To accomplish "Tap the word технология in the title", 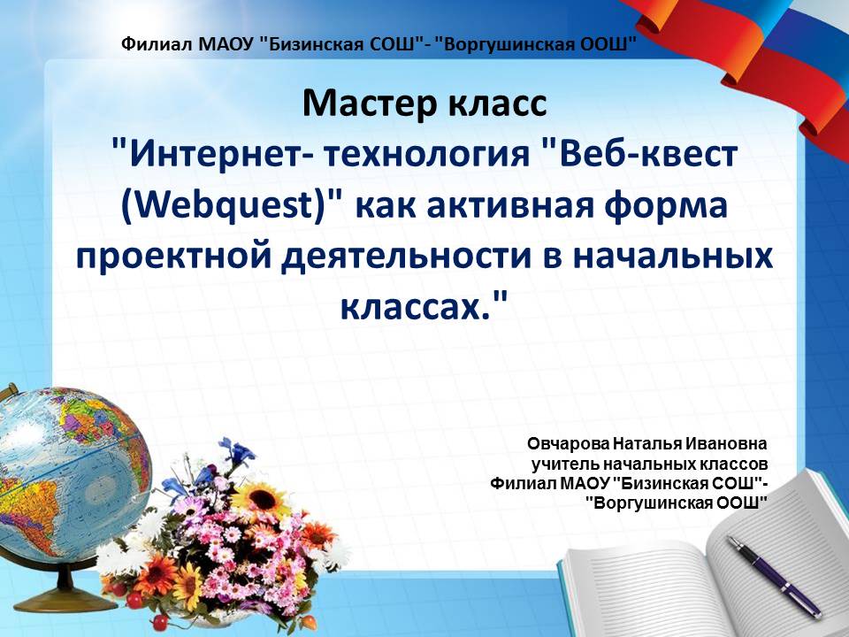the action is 426,153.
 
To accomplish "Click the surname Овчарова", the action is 568,443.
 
